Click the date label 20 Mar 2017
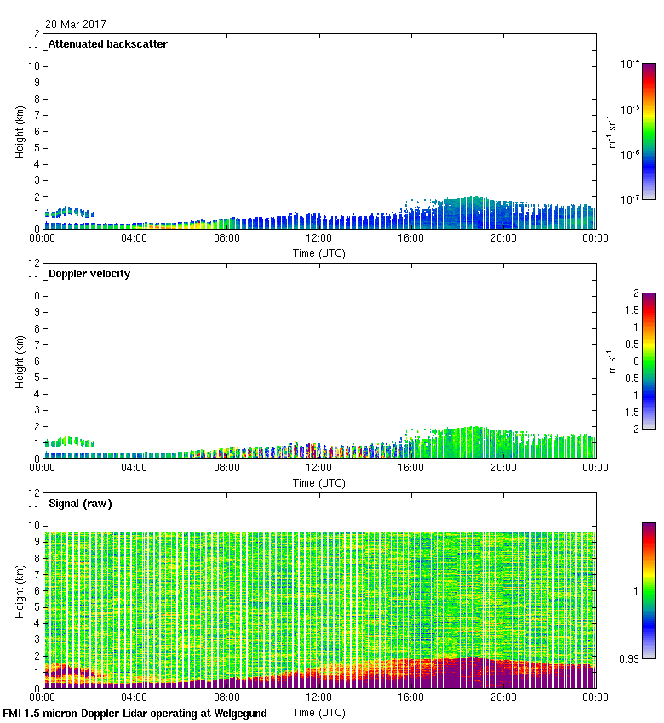point(76,26)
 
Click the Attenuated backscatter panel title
point(107,44)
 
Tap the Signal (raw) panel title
point(80,504)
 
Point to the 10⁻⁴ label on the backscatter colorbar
point(631,64)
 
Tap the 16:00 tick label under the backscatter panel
point(411,238)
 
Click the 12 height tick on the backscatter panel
point(34,34)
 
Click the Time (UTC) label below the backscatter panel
point(318,253)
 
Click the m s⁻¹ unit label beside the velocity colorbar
point(611,361)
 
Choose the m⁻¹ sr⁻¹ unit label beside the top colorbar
point(611,132)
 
